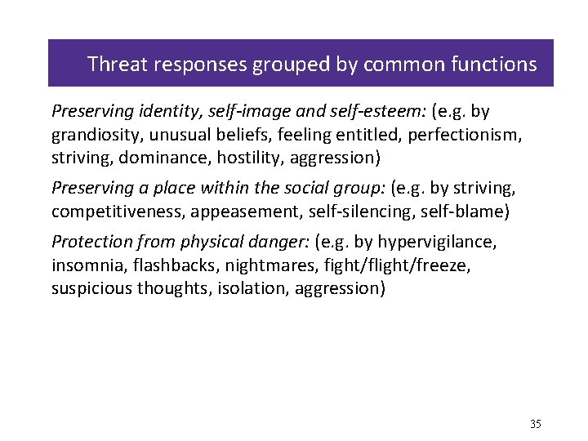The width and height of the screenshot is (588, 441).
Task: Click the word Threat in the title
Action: coord(113,64)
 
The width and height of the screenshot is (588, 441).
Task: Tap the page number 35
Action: coord(536,424)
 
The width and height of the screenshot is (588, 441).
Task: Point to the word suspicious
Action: coord(89,287)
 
